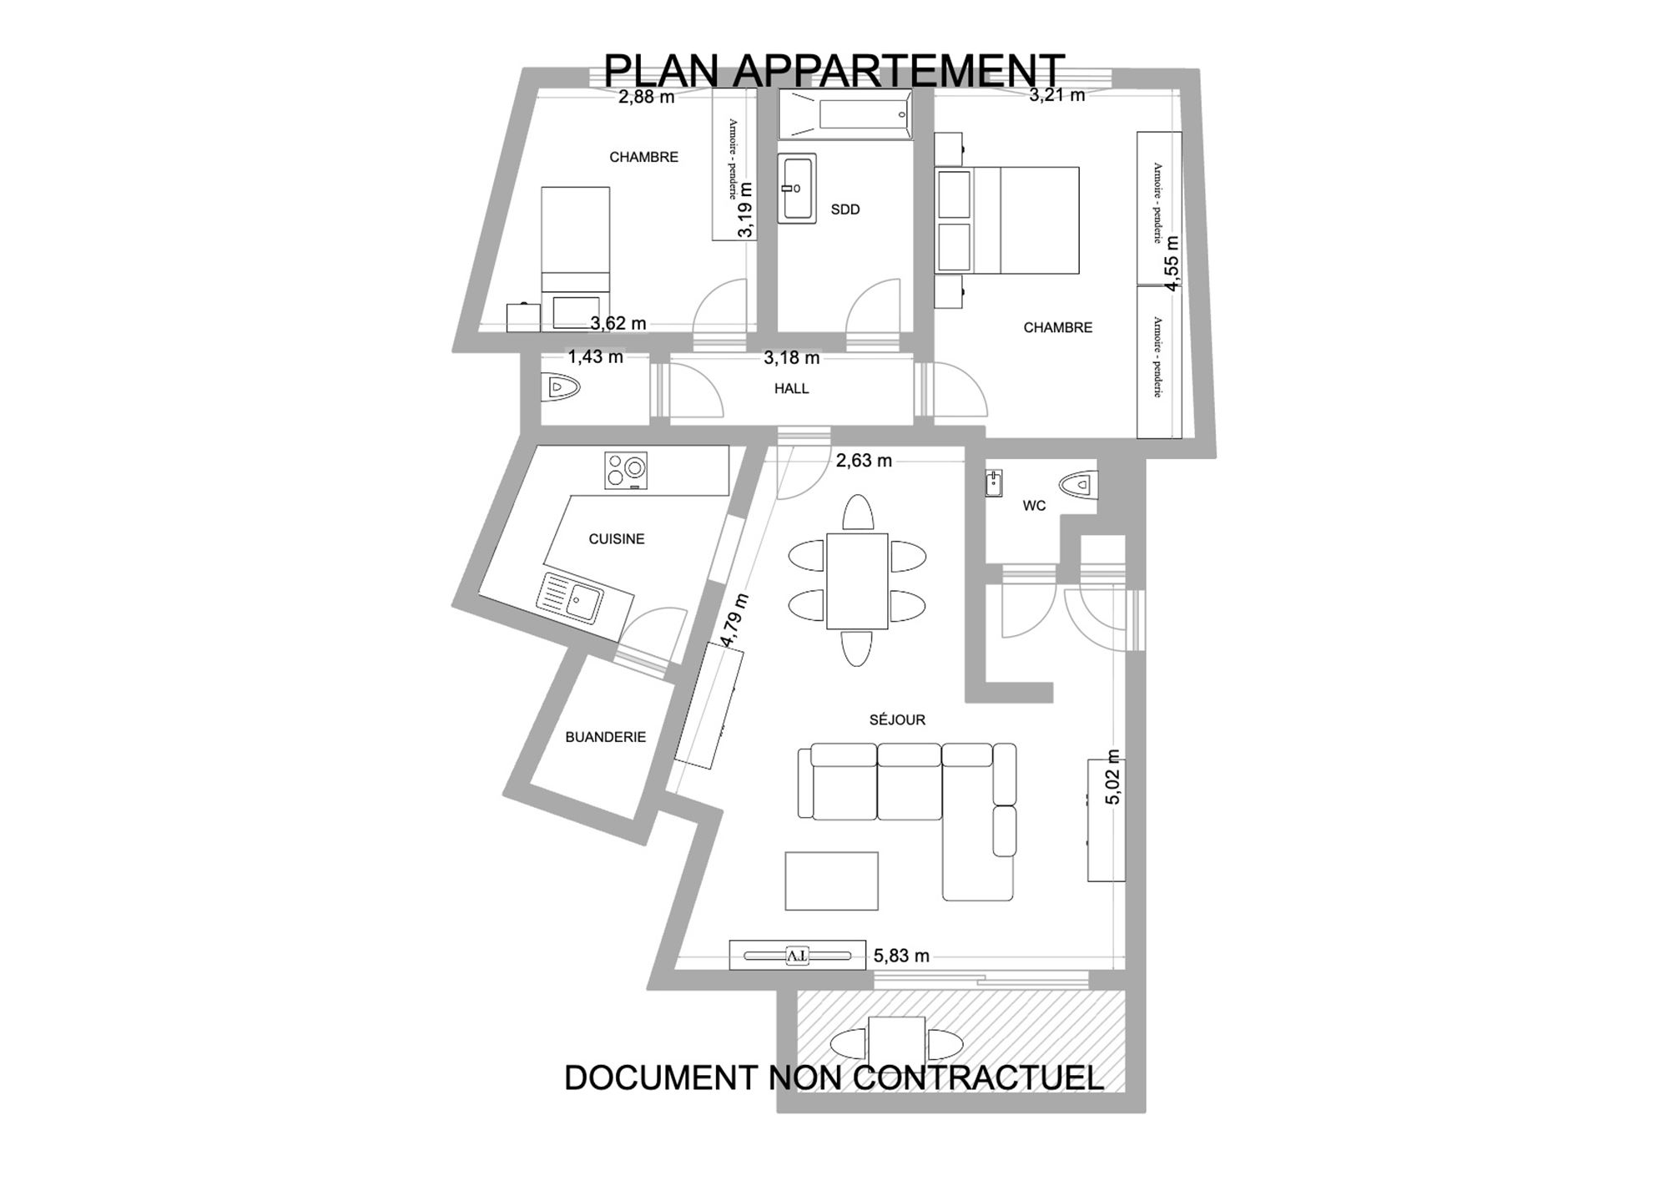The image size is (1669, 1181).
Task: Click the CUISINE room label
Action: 617,539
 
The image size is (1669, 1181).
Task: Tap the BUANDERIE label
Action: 606,737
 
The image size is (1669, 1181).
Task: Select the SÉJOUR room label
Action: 897,719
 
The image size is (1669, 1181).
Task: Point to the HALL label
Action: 791,388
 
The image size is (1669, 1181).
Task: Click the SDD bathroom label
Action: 845,209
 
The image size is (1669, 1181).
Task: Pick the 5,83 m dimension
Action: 901,956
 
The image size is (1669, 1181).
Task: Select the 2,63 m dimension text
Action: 864,460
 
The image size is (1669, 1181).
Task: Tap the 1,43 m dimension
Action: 596,357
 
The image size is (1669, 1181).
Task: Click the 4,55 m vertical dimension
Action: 1172,263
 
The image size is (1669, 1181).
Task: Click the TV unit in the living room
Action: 797,955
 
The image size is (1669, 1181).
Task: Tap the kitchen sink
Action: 570,598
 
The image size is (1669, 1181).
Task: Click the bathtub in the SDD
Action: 845,114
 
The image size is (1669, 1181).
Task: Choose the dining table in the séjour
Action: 857,581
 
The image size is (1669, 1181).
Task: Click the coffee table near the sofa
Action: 831,881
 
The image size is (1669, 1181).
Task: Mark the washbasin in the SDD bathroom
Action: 797,188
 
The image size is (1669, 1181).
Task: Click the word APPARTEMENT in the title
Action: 899,70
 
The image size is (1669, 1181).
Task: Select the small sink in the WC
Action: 993,484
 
